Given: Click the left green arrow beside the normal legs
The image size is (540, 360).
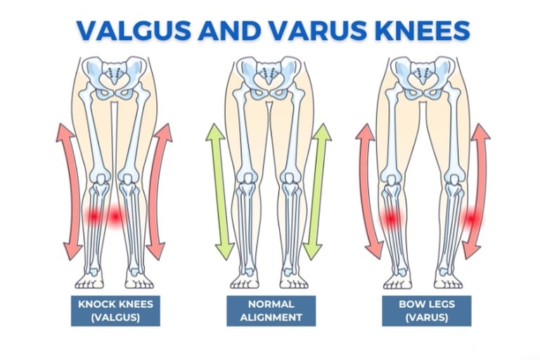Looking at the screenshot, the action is tap(219, 191).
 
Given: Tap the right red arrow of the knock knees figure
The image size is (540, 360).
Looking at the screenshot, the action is tap(158, 191).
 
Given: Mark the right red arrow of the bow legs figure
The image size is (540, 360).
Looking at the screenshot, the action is tap(478, 191).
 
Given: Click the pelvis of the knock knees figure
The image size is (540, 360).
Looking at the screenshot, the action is tap(116, 77).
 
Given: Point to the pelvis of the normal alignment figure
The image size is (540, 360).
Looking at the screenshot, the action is tap(270, 77).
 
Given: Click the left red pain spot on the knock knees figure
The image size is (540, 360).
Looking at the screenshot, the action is tap(93, 217).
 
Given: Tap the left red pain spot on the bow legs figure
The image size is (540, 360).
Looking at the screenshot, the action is tap(389, 220).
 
